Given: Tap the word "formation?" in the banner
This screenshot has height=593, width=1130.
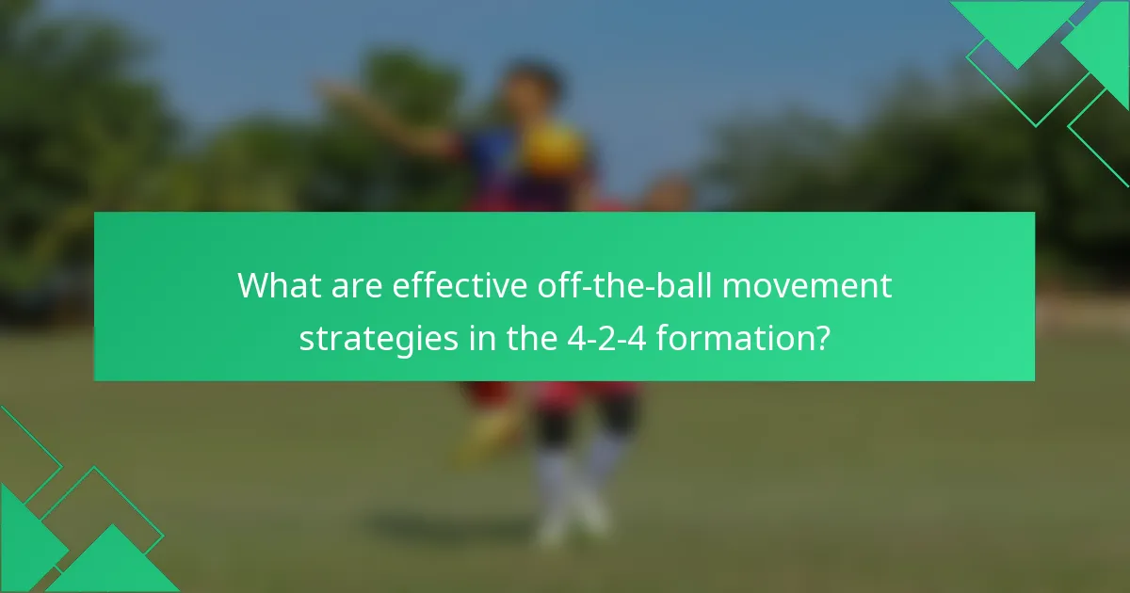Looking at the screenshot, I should click(744, 337).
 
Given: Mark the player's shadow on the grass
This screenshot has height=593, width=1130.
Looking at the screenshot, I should click(452, 532).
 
